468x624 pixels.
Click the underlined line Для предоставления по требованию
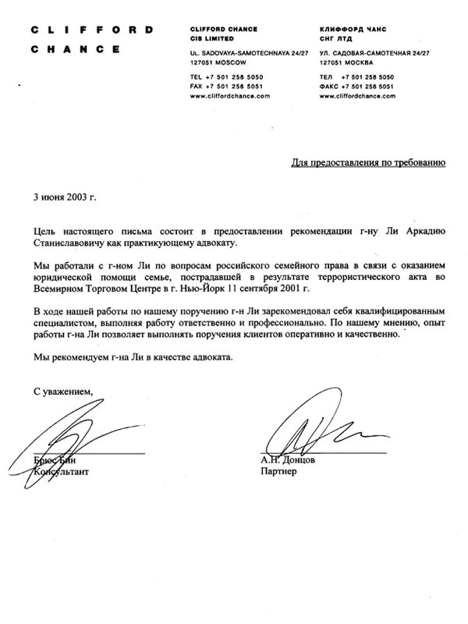369,164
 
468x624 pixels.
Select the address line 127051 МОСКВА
347,60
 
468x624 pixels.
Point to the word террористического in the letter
348,278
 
